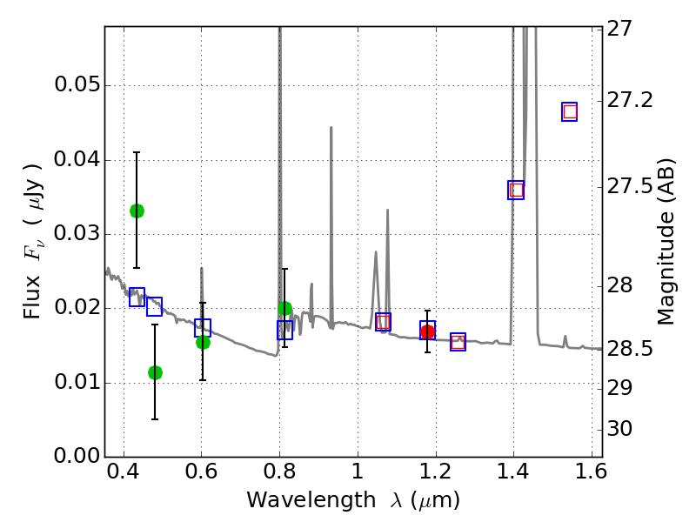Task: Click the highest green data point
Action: click(137, 211)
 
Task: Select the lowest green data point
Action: click(155, 372)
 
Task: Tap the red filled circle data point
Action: click(427, 331)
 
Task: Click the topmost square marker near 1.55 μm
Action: click(570, 111)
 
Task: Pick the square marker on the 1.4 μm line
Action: click(516, 190)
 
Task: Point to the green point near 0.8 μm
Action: click(284, 308)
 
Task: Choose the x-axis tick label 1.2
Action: click(435, 474)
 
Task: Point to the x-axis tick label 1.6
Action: click(591, 474)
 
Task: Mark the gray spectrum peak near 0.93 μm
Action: click(331, 128)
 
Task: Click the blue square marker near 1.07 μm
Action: click(383, 322)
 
